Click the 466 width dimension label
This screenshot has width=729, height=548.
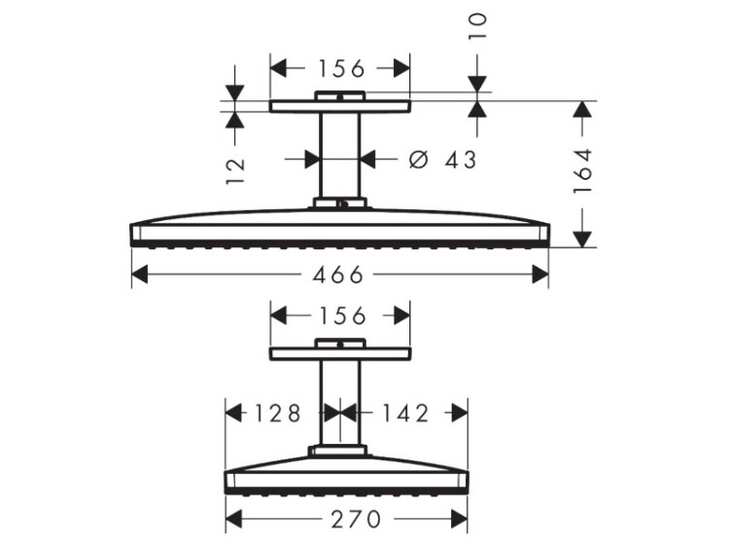[x=337, y=275]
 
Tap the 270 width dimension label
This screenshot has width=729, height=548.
[x=356, y=519]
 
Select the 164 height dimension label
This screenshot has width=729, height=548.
[x=582, y=171]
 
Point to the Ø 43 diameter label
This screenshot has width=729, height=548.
[x=442, y=160]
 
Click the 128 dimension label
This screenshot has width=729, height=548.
[x=278, y=413]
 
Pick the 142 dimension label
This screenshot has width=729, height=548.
[x=405, y=413]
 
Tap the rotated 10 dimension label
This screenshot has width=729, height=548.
[x=477, y=26]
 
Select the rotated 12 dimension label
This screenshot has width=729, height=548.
[x=235, y=171]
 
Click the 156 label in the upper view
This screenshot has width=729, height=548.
[x=342, y=69]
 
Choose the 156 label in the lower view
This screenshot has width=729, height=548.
[x=342, y=316]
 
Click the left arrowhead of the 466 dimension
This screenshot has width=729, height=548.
[x=140, y=274]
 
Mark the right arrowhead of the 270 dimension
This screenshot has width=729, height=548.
[x=459, y=519]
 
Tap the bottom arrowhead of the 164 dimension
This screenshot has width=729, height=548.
[x=582, y=238]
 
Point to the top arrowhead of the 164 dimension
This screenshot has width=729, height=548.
[x=582, y=109]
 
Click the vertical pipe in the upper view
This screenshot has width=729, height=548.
[x=340, y=156]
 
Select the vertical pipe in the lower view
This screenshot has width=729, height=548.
[x=340, y=403]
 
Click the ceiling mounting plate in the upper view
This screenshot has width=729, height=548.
[x=340, y=106]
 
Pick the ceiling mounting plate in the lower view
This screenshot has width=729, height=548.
[x=340, y=354]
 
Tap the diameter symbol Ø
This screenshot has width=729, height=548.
[x=418, y=160]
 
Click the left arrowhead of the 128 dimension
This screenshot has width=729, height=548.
[x=234, y=413]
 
